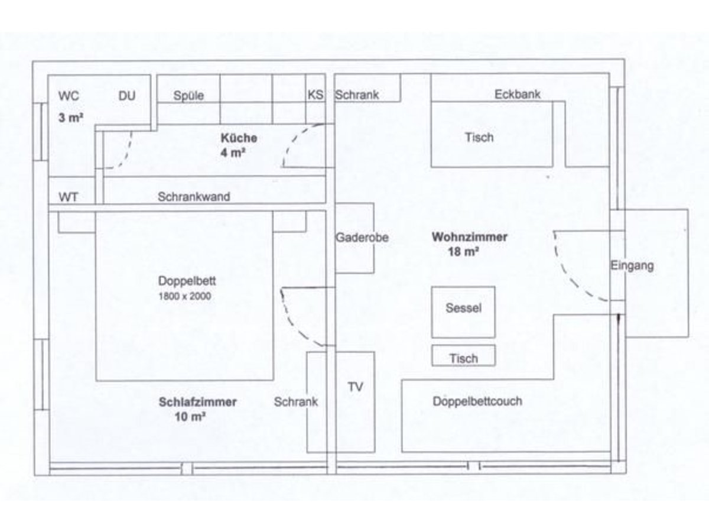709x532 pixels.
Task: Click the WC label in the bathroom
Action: coord(69,96)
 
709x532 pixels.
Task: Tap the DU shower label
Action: coord(127,96)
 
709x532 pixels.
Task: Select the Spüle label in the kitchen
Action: coord(188,96)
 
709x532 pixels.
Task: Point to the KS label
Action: coord(316,95)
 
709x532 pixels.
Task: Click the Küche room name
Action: coord(239,138)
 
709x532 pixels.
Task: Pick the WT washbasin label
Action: coord(68,196)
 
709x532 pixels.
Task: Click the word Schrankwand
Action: coord(194,197)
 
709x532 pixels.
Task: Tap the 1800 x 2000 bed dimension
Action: coord(184,296)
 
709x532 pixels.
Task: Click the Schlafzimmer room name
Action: coord(197,402)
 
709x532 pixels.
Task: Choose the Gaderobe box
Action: coord(355,238)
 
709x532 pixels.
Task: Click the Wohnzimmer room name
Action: coord(469,237)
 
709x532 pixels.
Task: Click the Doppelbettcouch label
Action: coord(477,401)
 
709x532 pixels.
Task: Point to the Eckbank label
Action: coord(517,94)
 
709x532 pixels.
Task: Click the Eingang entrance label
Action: coord(632,266)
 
